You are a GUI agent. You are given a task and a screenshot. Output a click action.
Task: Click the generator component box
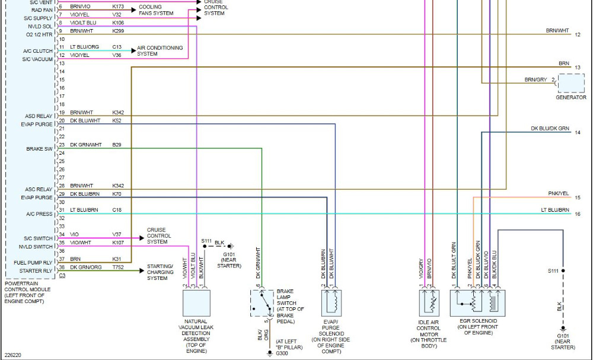(x=571, y=82)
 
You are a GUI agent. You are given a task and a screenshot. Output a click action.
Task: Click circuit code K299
(x=118, y=30)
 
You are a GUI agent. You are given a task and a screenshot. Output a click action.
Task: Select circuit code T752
(x=118, y=267)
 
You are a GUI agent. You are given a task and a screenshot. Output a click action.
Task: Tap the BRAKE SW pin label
(x=39, y=149)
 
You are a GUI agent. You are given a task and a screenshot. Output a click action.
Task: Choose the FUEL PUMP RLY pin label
(x=34, y=262)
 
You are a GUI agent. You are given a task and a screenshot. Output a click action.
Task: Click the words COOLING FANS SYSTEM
(x=156, y=10)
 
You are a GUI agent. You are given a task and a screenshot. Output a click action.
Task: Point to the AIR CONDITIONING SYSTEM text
(x=160, y=50)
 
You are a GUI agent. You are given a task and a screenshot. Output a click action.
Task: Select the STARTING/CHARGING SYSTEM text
(x=160, y=272)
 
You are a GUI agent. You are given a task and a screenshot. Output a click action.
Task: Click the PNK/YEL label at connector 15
(x=558, y=193)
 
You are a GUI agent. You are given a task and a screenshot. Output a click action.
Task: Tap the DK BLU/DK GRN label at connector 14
(x=550, y=129)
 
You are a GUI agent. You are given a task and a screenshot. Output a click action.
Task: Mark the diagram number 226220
(x=13, y=355)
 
